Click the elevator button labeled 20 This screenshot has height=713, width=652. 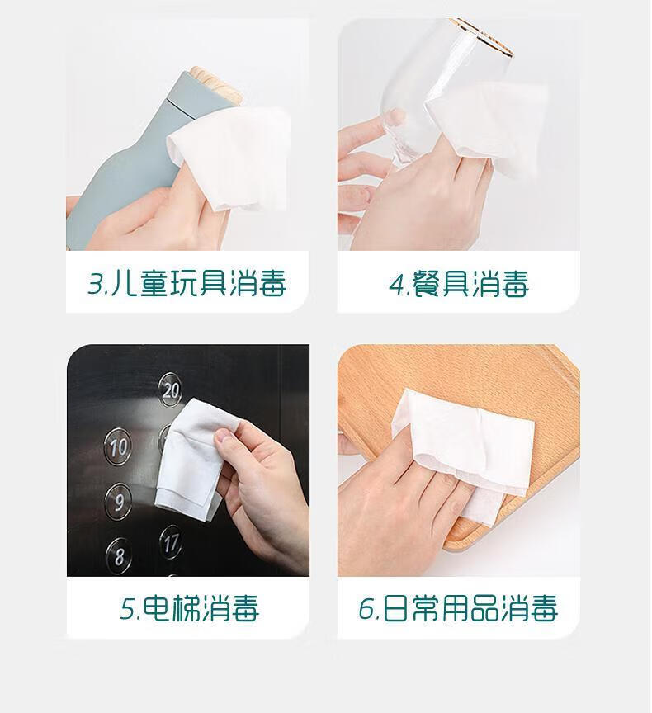171,390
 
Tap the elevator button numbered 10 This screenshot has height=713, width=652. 118,446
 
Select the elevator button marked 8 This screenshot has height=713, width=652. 119,555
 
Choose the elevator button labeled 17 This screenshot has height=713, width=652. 171,542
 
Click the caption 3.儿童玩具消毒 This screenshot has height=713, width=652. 187,284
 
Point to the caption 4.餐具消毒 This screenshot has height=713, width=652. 459,284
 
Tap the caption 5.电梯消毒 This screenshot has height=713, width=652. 189,608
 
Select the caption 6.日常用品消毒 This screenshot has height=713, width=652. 458,608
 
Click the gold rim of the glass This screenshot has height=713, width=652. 485,36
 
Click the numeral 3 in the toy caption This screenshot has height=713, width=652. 95,284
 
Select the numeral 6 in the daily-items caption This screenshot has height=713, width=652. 366,608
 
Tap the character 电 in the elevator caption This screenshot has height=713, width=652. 157,608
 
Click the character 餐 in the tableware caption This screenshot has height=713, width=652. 427,284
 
